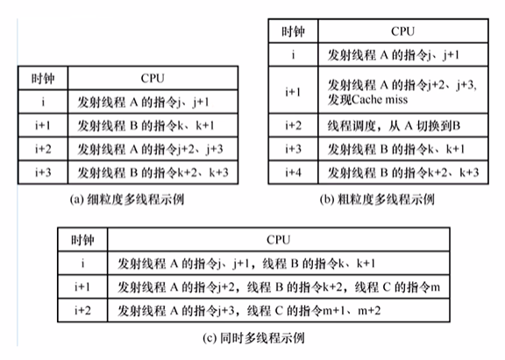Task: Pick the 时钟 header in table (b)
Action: pos(292,32)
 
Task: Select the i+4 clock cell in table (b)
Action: pos(292,171)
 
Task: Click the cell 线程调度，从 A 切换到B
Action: pos(389,124)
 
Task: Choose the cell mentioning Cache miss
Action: pos(389,91)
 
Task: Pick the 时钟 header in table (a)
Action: pos(43,78)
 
